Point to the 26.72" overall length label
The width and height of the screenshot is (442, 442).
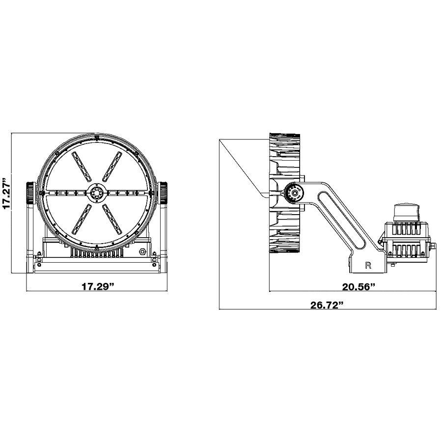pyautogui.click(x=327, y=304)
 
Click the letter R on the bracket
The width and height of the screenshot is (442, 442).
pyautogui.click(x=368, y=266)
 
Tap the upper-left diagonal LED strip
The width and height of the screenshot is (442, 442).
pyautogui.click(x=82, y=167)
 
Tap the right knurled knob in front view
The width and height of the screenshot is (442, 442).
pyautogui.click(x=163, y=193)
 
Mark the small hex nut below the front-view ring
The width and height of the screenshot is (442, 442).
pyautogui.click(x=143, y=252)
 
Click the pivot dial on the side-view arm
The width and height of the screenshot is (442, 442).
pyautogui.click(x=294, y=193)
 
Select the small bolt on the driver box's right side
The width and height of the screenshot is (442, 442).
pyautogui.click(x=434, y=244)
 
